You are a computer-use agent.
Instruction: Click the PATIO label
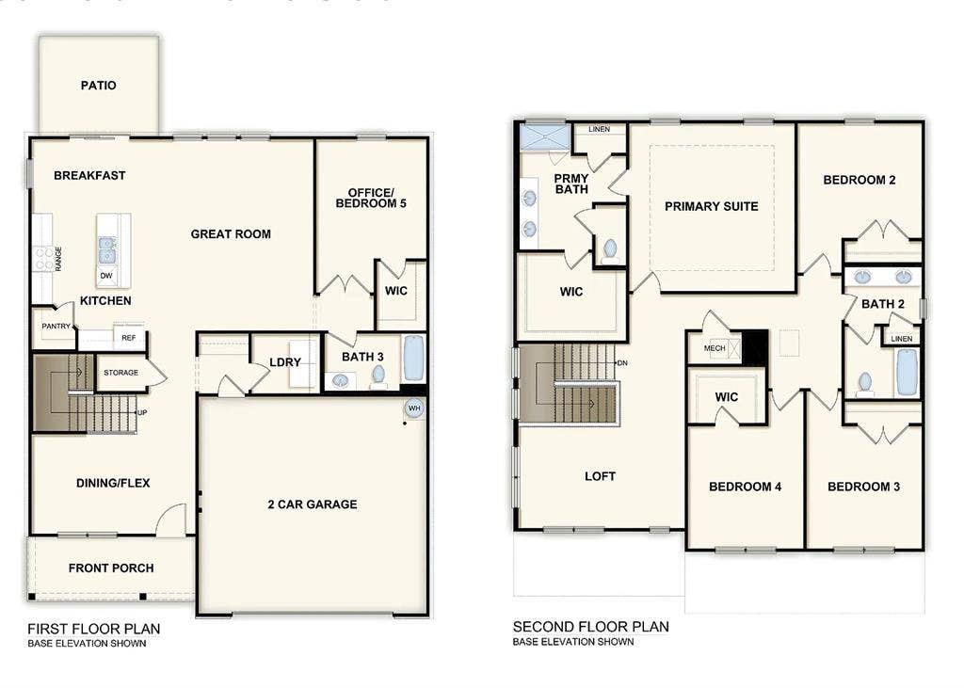[x=99, y=86]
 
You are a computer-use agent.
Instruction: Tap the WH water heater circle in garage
[x=413, y=408]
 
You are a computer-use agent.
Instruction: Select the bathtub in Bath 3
[x=413, y=359]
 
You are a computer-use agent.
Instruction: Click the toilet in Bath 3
[x=378, y=375]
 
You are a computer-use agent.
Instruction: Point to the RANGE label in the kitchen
[x=58, y=258]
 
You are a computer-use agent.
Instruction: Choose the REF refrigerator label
[x=128, y=336]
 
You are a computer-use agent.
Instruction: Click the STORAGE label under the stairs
[x=120, y=373]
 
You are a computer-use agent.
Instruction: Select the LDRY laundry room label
[x=285, y=362]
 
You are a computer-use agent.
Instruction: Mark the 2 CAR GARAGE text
[x=313, y=504]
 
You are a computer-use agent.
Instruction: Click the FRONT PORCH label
[x=111, y=568]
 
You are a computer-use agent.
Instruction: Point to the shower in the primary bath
[x=547, y=137]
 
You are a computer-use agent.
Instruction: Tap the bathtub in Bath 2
[x=907, y=372]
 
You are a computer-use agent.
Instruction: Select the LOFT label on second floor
[x=600, y=476]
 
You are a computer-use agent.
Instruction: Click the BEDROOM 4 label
[x=745, y=487]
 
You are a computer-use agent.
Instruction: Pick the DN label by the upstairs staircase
[x=621, y=362]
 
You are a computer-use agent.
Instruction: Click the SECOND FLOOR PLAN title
[x=590, y=627]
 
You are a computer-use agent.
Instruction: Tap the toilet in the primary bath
[x=610, y=249]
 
